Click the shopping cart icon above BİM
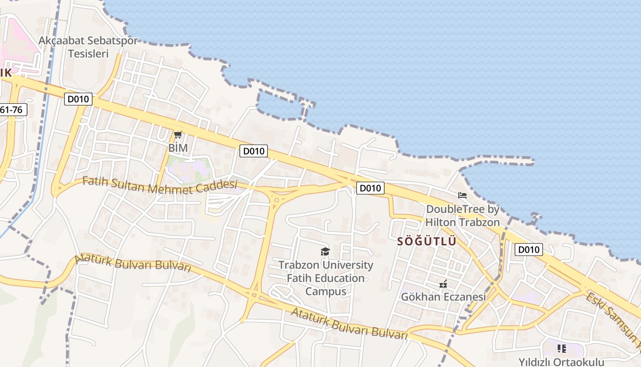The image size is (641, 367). pos(178,134)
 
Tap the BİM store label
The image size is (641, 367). pos(178,148)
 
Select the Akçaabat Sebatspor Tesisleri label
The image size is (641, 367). pos(88,47)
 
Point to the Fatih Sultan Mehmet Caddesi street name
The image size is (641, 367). pos(160,185)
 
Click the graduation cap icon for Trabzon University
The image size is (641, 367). pos(325,251)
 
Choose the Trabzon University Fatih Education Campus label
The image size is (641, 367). pos(326,278)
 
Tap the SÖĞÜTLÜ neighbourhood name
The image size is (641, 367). pos(427,241)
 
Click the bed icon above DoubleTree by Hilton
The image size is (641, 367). pos(462,195)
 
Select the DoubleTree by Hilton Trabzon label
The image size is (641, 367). pos(463,216)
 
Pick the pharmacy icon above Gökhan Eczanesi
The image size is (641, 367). pos(443,284)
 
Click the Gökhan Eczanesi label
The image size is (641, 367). pos(443,297)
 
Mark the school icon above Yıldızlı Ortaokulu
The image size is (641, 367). pos(562,349)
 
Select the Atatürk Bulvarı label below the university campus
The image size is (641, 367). pos(349,324)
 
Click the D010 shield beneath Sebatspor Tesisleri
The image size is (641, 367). pos(78,99)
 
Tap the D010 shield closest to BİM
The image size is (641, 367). pos(254,150)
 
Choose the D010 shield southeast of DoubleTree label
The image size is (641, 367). pos(529,250)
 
